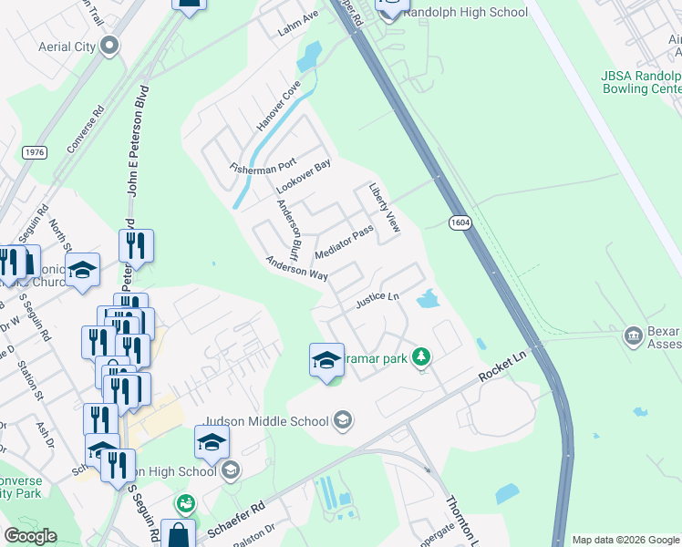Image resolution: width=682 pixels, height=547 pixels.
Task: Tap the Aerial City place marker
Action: [x=110, y=46]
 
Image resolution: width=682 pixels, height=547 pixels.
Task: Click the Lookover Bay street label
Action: [x=303, y=176]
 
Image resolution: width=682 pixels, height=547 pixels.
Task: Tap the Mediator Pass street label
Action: [x=344, y=243]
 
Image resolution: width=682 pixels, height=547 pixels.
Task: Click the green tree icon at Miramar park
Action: [x=421, y=356]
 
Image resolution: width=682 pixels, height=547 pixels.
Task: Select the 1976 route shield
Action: [x=35, y=152]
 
